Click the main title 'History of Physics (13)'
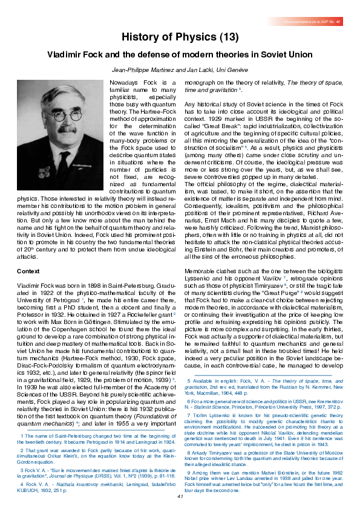click(180, 37)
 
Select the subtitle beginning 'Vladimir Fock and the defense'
click(180, 55)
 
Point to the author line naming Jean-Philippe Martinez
click(180, 71)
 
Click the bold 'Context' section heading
click(28, 271)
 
